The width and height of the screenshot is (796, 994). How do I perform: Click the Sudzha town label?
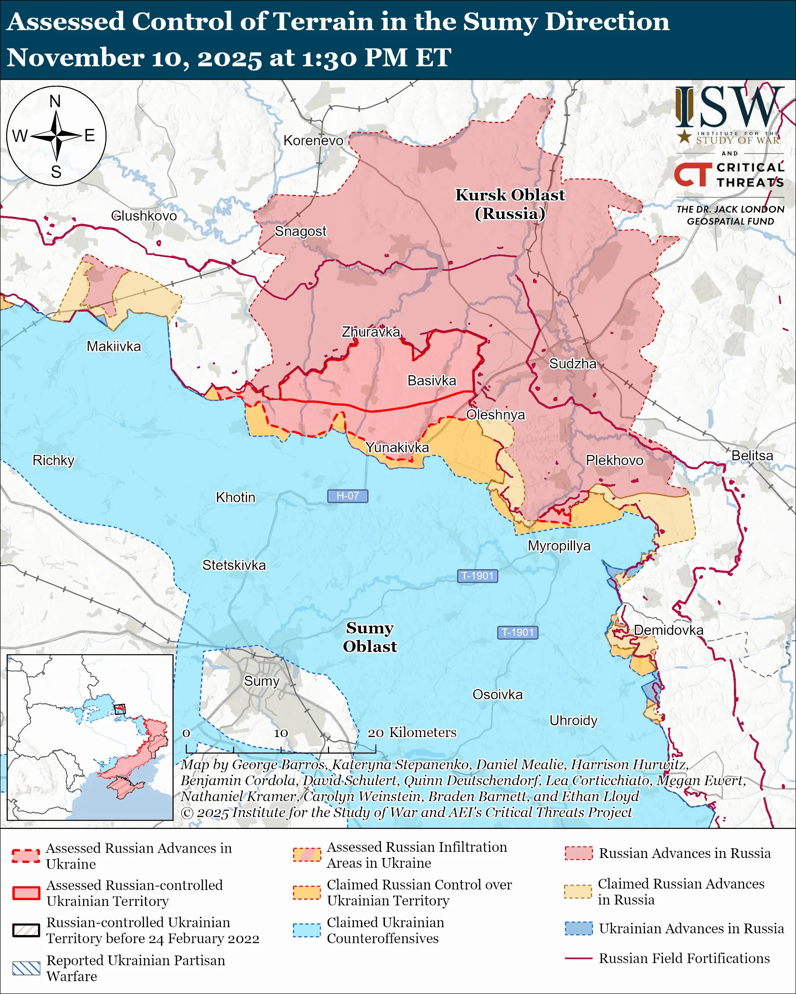point(572,364)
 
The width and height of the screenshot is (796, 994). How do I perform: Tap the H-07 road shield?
point(348,496)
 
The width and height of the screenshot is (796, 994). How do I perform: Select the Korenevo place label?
point(314,140)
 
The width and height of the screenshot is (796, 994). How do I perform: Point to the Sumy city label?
point(262,681)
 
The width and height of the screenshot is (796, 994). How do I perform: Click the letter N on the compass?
point(55,101)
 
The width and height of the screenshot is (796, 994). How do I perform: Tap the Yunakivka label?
point(397,447)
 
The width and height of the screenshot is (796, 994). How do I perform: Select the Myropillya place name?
point(559,545)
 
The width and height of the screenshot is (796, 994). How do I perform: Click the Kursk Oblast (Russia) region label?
point(510,204)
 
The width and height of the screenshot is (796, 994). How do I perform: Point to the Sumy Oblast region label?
point(370,637)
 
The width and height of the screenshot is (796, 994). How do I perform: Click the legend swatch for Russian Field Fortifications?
point(578,958)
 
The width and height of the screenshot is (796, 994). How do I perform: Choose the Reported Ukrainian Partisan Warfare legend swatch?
point(26,968)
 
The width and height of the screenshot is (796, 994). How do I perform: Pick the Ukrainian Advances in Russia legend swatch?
point(578,928)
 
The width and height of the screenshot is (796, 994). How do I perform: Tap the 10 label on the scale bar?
point(281,733)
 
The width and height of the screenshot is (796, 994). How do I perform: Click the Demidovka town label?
point(668,630)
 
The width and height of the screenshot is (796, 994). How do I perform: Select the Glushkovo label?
point(144,216)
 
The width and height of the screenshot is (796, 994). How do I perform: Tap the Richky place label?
point(54,460)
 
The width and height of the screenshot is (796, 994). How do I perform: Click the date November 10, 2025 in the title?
point(134,58)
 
